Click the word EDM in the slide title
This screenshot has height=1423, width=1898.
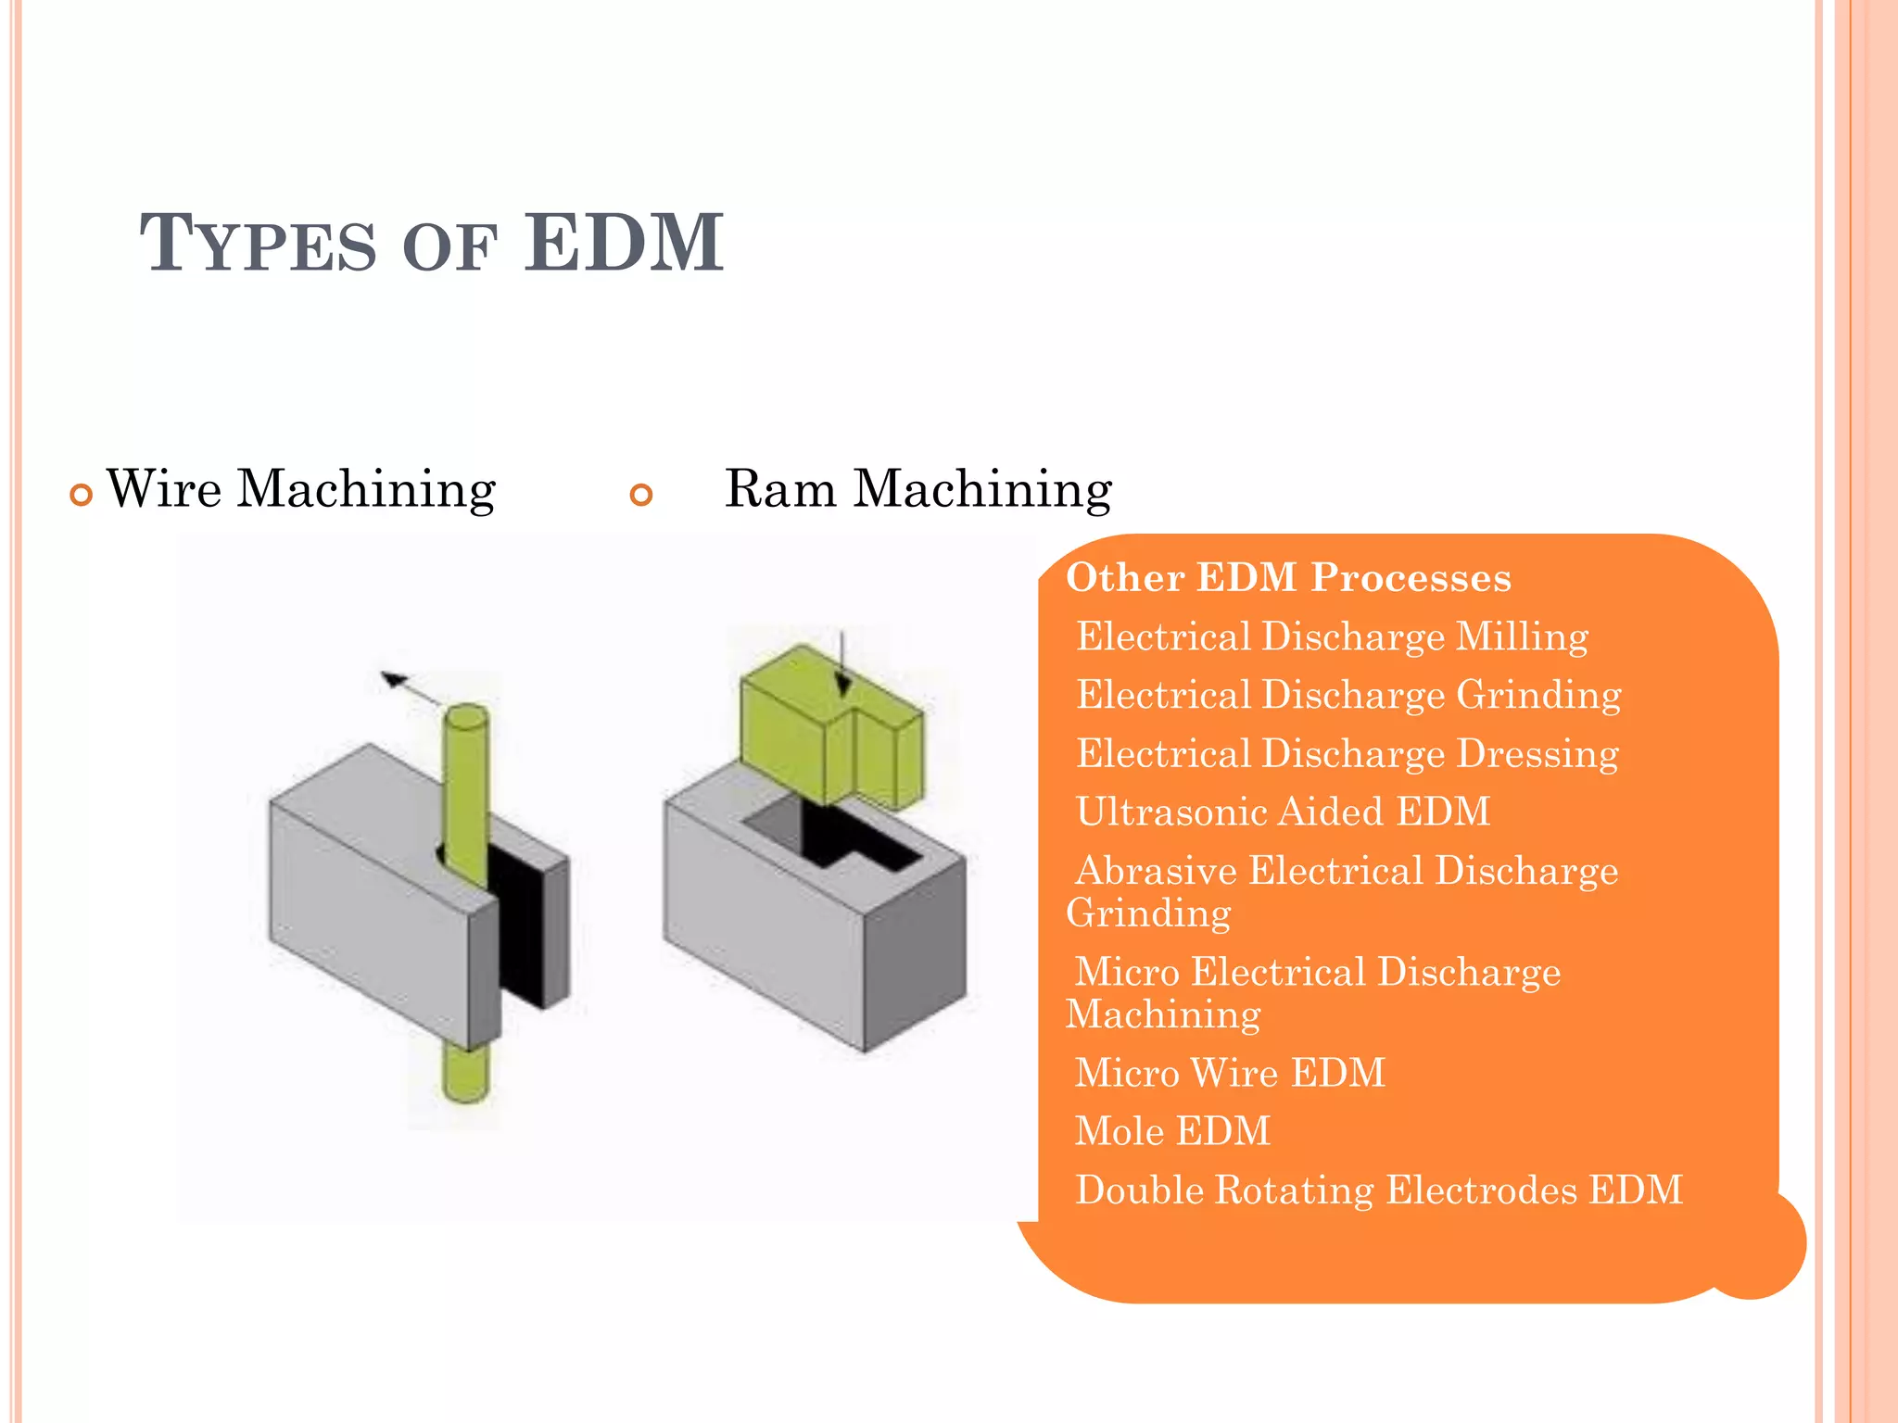tap(623, 243)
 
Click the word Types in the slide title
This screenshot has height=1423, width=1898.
tap(259, 245)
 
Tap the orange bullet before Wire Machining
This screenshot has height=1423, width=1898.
tap(82, 495)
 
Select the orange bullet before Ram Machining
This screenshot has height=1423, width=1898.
tap(640, 495)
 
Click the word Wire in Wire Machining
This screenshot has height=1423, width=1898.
tap(164, 489)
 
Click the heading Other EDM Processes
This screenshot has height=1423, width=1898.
tap(1288, 577)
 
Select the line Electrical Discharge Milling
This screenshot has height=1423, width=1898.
tap(1332, 637)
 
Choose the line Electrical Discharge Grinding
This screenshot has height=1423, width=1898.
tap(1348, 695)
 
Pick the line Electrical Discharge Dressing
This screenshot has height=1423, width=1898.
tap(1347, 754)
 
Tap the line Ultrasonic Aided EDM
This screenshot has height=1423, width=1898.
tap(1283, 812)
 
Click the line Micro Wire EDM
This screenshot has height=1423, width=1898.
tap(1230, 1073)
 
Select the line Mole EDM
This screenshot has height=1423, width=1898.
tap(1172, 1131)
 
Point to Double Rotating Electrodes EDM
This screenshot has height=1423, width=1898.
tap(1378, 1190)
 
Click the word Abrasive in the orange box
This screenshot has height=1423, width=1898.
tap(1156, 871)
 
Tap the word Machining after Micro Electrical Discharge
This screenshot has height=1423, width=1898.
tap(1163, 1014)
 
